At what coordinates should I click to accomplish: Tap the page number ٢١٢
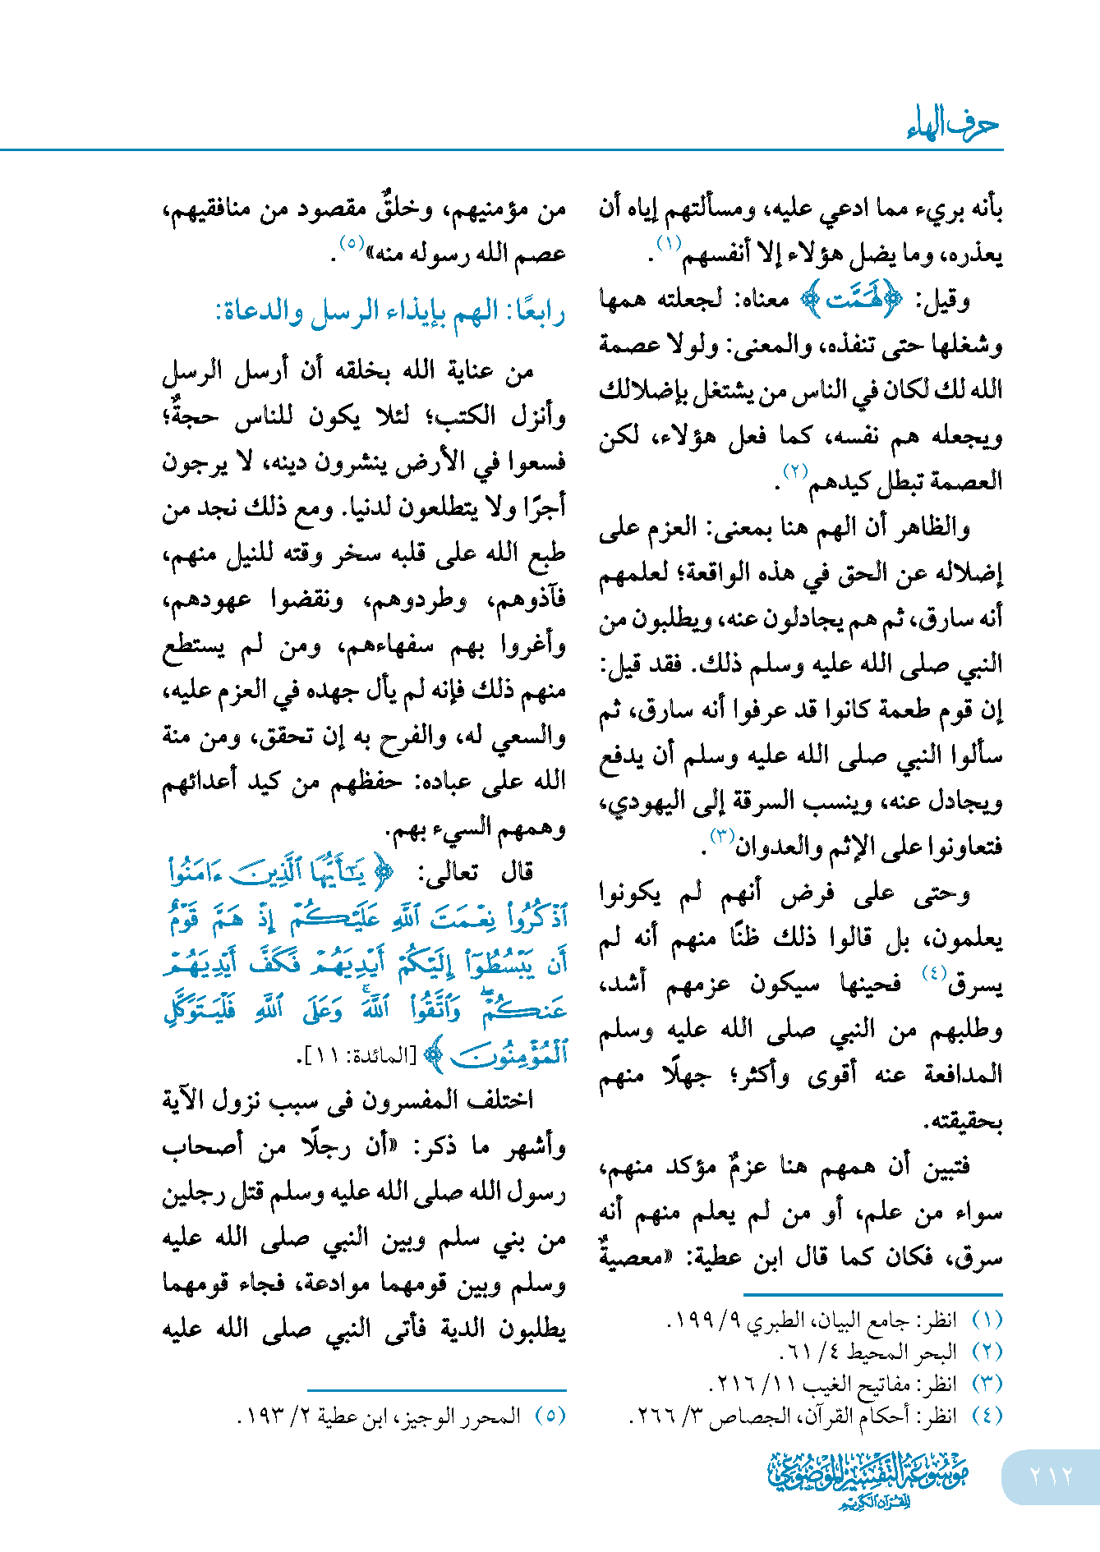[1051, 1476]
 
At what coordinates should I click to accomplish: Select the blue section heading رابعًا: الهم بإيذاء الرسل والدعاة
[390, 312]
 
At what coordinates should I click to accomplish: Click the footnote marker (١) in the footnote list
[987, 1320]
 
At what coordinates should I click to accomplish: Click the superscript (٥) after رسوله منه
[352, 244]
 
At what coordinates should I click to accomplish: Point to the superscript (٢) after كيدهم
[795, 471]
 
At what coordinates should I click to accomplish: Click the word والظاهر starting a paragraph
[936, 527]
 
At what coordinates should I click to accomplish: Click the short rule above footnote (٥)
[437, 1390]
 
